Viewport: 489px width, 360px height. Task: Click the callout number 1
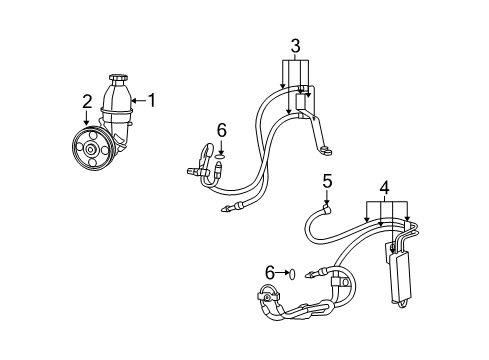pyautogui.click(x=152, y=100)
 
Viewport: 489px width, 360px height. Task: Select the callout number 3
pyautogui.click(x=295, y=45)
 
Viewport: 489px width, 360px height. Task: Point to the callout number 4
pyautogui.click(x=384, y=187)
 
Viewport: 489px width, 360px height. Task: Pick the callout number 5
pyautogui.click(x=326, y=181)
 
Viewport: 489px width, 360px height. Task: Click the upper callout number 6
pyautogui.click(x=221, y=129)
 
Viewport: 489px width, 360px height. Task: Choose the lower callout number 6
pyautogui.click(x=269, y=272)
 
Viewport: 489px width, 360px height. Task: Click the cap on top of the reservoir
pyautogui.click(x=118, y=78)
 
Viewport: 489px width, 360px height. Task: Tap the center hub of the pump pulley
pyautogui.click(x=90, y=150)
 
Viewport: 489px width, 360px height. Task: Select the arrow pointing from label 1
pyautogui.click(x=137, y=100)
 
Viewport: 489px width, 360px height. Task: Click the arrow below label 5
pyautogui.click(x=326, y=198)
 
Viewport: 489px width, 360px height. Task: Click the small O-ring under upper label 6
pyautogui.click(x=221, y=156)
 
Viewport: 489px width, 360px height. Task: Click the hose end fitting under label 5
pyautogui.click(x=326, y=210)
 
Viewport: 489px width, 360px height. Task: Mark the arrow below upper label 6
pyautogui.click(x=221, y=146)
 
